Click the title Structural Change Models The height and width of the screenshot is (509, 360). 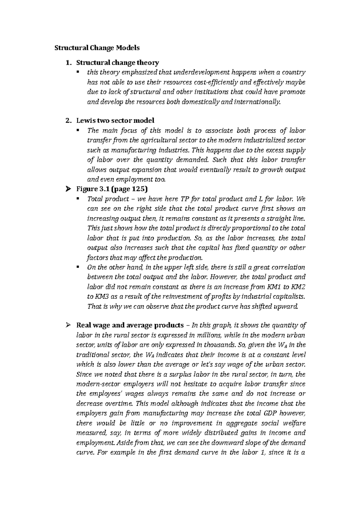click(97, 48)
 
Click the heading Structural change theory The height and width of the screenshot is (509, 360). click(118, 63)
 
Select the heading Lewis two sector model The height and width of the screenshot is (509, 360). click(115, 121)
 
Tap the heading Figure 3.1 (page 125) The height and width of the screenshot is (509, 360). click(112, 189)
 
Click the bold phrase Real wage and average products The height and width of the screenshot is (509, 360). click(130, 325)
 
